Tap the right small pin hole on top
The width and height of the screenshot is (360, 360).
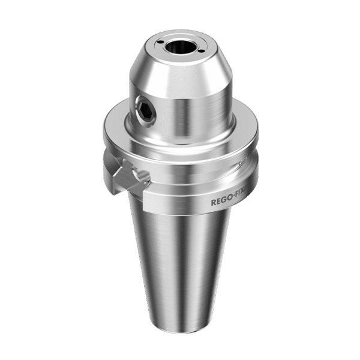tap(202, 51)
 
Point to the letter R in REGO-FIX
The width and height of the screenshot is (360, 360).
tap(214, 203)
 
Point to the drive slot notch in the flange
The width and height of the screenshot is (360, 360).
tap(127, 175)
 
